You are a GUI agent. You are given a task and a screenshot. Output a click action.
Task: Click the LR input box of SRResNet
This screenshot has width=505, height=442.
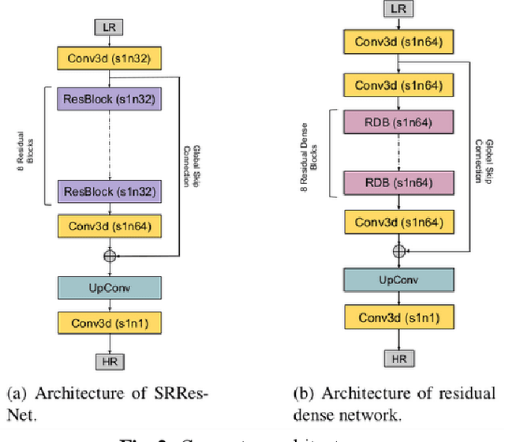[108, 27]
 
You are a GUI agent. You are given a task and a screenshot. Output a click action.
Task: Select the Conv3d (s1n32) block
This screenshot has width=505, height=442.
[108, 58]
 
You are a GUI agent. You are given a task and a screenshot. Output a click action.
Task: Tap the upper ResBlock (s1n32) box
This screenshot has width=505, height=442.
[108, 99]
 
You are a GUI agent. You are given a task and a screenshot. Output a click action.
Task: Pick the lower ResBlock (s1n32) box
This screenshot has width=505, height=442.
[108, 190]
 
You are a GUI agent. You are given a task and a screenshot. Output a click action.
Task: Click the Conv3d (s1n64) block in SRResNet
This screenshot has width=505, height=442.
[108, 227]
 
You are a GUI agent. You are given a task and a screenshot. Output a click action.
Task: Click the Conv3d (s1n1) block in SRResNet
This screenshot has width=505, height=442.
[108, 322]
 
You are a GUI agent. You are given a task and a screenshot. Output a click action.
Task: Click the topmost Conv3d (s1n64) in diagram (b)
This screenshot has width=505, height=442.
[398, 42]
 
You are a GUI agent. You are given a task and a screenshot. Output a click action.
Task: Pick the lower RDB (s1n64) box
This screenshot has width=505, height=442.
[398, 182]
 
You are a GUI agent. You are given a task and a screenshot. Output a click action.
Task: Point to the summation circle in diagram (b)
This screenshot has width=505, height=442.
[398, 250]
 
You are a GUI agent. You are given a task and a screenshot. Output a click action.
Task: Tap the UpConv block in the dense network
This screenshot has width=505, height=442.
[398, 280]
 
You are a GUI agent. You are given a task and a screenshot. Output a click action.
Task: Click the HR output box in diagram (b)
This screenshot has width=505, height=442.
[398, 359]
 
